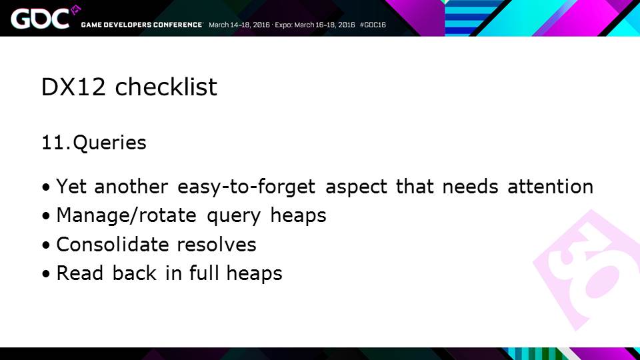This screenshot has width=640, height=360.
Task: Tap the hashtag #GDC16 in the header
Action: (x=373, y=25)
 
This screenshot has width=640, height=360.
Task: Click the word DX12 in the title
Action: (x=73, y=87)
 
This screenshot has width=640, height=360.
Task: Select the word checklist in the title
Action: (x=166, y=87)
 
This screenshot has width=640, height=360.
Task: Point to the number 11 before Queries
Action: (x=53, y=143)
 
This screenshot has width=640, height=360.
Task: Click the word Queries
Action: (x=109, y=143)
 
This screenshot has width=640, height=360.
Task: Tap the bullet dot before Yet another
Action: (x=46, y=187)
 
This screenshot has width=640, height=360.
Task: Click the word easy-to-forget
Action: (x=246, y=187)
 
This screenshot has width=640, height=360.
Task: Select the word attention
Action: (x=550, y=187)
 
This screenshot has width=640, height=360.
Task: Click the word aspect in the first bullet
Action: (x=356, y=187)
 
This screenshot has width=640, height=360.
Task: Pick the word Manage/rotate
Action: (x=126, y=215)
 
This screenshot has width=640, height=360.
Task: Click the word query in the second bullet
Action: (x=233, y=216)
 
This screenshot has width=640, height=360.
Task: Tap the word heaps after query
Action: (x=299, y=215)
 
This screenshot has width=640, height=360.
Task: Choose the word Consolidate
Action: (x=112, y=244)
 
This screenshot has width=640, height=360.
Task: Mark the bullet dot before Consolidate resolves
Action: (x=46, y=245)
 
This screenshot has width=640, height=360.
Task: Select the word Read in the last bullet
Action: (x=79, y=273)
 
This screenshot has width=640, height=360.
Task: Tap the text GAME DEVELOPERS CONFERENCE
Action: (x=141, y=25)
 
